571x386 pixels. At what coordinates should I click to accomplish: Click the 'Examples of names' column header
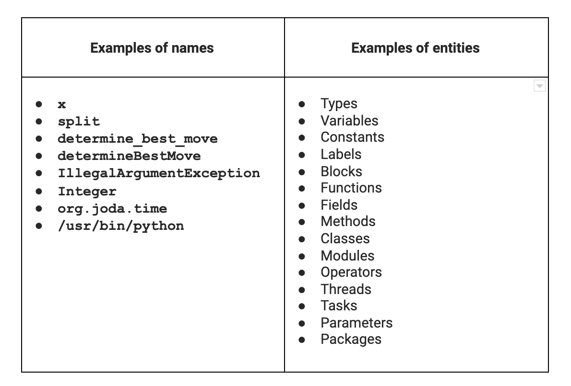(152, 48)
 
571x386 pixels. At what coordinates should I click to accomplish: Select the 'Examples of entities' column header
(416, 48)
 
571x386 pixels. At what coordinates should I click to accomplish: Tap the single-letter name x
(62, 105)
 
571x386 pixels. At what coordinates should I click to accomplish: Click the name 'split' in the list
(79, 121)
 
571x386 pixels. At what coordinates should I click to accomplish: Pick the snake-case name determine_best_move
(138, 138)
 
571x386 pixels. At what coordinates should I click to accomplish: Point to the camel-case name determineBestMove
(129, 156)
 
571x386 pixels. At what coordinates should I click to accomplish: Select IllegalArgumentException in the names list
(159, 173)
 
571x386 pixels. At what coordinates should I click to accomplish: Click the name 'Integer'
(87, 191)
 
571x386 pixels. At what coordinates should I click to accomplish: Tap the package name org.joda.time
(113, 209)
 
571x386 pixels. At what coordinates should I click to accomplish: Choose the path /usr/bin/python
(121, 226)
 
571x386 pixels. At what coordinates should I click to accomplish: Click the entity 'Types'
(339, 104)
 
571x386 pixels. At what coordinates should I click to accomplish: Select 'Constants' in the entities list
(353, 137)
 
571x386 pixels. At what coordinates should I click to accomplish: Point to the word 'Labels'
(341, 155)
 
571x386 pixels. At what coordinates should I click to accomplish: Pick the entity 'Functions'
(351, 188)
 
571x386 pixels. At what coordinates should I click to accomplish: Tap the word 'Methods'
(348, 221)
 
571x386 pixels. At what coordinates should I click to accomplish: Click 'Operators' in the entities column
(351, 272)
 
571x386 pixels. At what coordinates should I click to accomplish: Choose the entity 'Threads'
(346, 289)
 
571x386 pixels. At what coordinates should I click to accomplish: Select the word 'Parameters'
(357, 323)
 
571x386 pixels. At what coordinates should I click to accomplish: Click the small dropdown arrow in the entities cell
(540, 86)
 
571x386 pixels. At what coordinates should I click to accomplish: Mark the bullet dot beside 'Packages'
(302, 340)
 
